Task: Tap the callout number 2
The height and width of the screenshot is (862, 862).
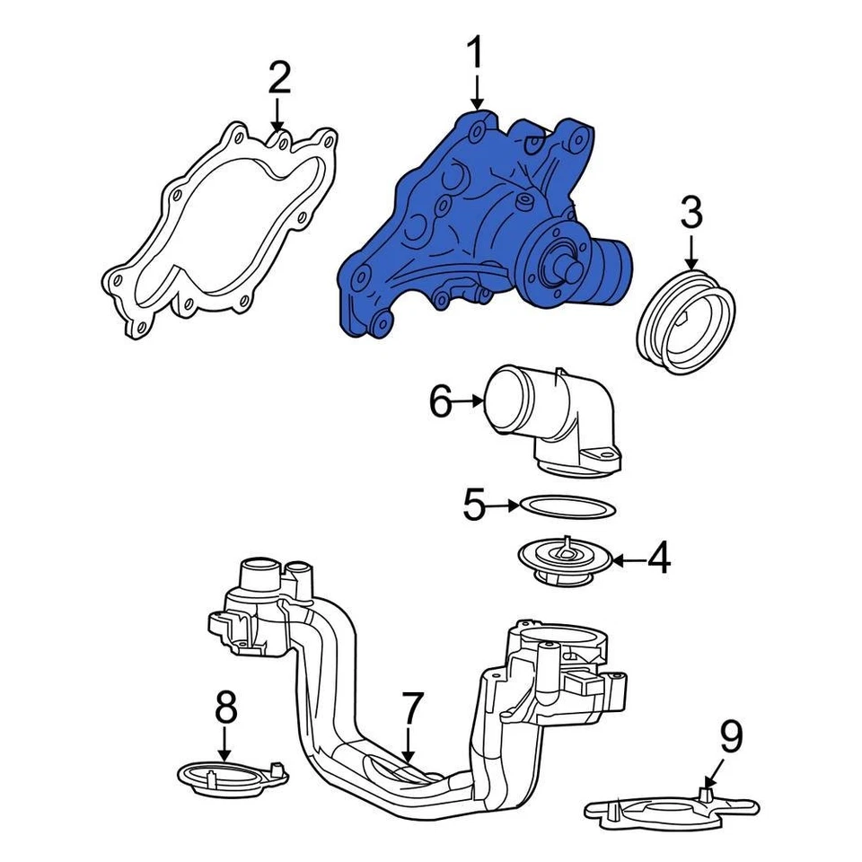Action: pyautogui.click(x=279, y=79)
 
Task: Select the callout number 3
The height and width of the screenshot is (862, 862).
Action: pyautogui.click(x=691, y=215)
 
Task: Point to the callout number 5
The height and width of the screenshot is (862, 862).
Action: pyautogui.click(x=473, y=506)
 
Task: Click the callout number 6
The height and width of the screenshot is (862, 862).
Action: pyautogui.click(x=440, y=402)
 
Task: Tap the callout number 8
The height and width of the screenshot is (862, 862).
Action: pyautogui.click(x=224, y=708)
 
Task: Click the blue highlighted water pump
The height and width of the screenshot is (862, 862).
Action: pyautogui.click(x=449, y=224)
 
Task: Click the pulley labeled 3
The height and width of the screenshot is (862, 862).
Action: pyautogui.click(x=686, y=319)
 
